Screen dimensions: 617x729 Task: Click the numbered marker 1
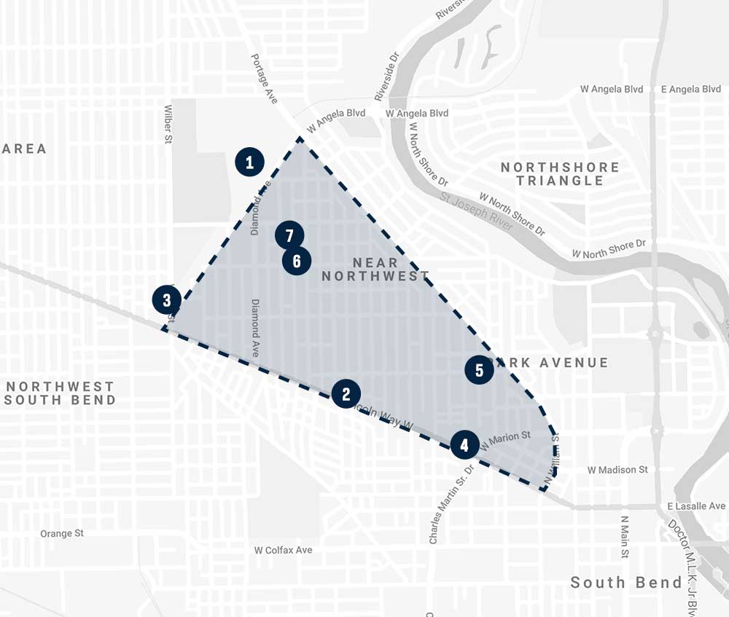tap(249, 162)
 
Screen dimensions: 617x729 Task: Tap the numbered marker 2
tap(346, 394)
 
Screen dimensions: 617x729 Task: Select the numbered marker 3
tap(167, 299)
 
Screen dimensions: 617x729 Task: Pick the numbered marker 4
tap(465, 445)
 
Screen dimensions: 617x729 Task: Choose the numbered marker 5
tap(479, 370)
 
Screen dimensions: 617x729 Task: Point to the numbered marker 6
tap(297, 261)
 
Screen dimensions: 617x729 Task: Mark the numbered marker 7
tap(289, 235)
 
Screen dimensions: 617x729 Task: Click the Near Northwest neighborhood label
tap(375, 269)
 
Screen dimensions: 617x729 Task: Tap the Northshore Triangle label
tap(560, 174)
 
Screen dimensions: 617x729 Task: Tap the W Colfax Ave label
tap(283, 550)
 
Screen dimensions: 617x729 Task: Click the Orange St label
tap(62, 533)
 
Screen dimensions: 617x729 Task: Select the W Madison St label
tap(617, 470)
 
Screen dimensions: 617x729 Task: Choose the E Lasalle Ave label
tap(696, 506)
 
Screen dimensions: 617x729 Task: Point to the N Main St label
tap(625, 537)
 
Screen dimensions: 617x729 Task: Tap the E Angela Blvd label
tap(690, 89)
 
